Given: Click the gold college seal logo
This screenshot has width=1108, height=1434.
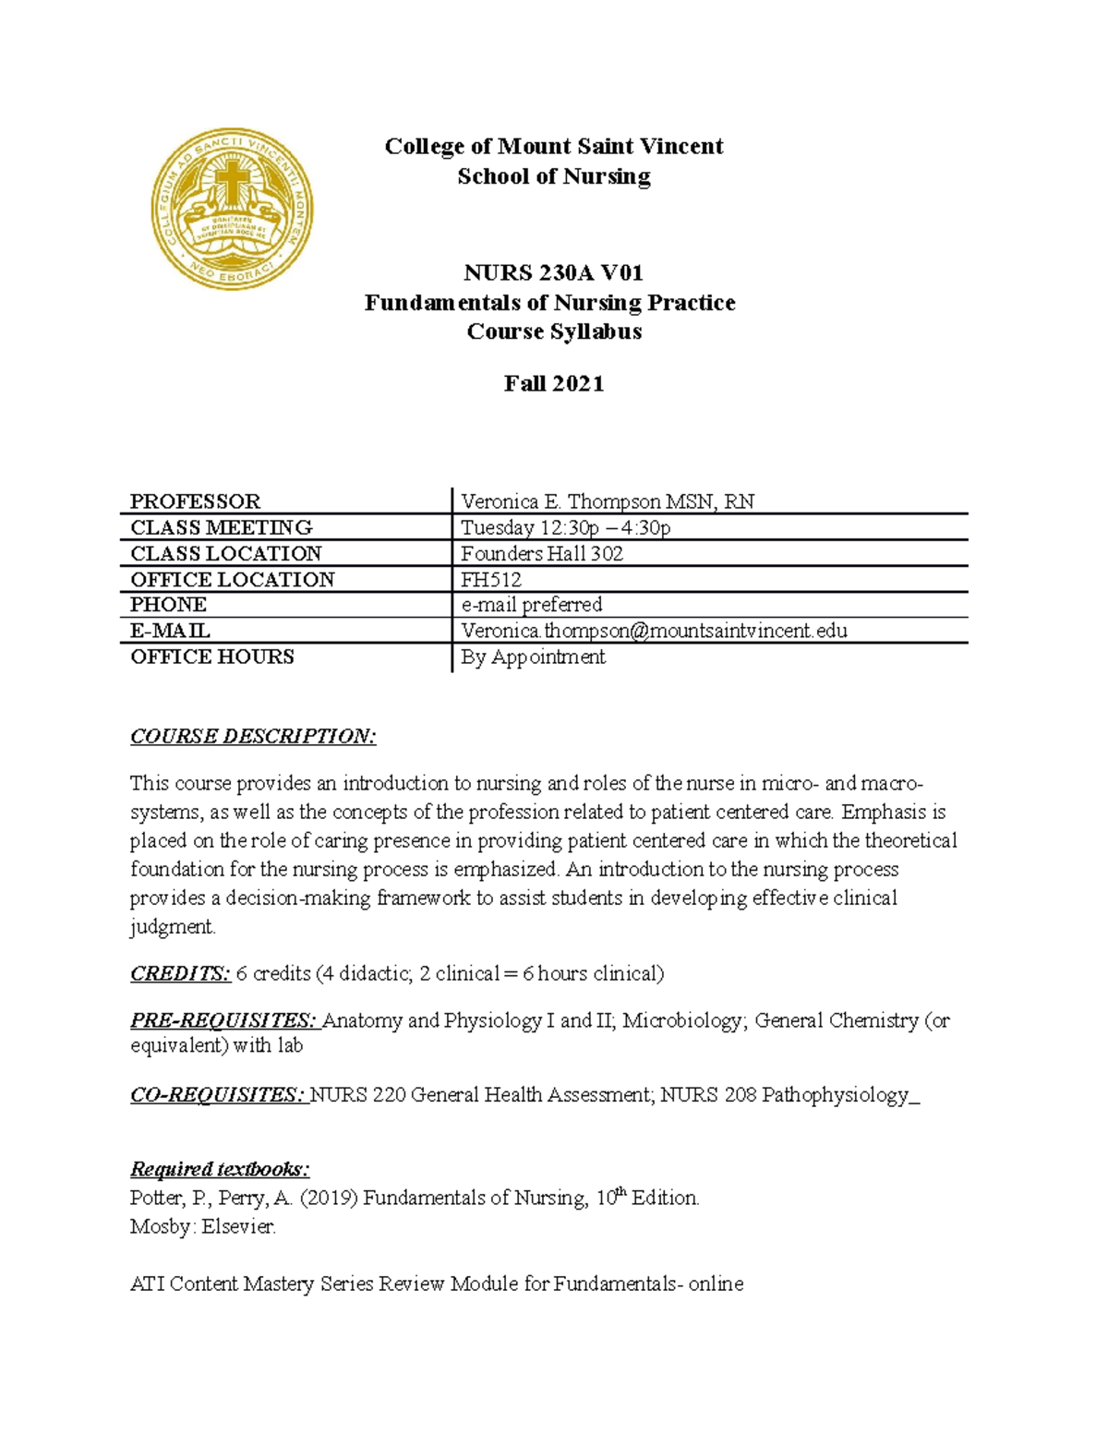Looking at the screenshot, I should [x=232, y=209].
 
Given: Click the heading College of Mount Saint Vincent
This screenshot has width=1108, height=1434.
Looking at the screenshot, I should [x=554, y=147].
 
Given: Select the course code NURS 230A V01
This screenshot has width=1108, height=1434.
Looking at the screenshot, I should [x=554, y=273].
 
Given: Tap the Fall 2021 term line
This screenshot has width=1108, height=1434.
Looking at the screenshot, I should [x=554, y=384].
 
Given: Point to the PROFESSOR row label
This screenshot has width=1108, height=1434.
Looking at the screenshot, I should [x=196, y=501].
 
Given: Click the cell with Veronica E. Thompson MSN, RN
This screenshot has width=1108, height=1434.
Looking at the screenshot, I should [x=608, y=501].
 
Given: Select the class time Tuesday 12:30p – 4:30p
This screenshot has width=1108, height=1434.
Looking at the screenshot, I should [x=566, y=528].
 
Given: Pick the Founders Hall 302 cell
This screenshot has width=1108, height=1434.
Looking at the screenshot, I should [x=542, y=554].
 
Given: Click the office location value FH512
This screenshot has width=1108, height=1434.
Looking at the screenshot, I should [x=491, y=580].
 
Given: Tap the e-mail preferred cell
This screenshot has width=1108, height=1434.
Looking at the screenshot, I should [x=532, y=605].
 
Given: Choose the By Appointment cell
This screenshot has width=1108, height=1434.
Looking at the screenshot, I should [x=534, y=657].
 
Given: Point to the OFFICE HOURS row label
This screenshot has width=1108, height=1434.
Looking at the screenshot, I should [x=212, y=657].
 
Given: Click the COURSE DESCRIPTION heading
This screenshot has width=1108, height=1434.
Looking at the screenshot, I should [x=253, y=736].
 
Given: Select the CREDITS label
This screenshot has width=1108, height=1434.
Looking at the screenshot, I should [x=180, y=973].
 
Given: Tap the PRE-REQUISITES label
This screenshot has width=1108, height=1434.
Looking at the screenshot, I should [x=223, y=1020].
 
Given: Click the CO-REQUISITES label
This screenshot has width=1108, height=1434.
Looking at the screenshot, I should [x=218, y=1095].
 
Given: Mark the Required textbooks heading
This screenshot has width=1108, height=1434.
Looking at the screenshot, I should [x=220, y=1169].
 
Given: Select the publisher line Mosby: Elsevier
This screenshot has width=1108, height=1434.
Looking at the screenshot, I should [x=203, y=1227].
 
